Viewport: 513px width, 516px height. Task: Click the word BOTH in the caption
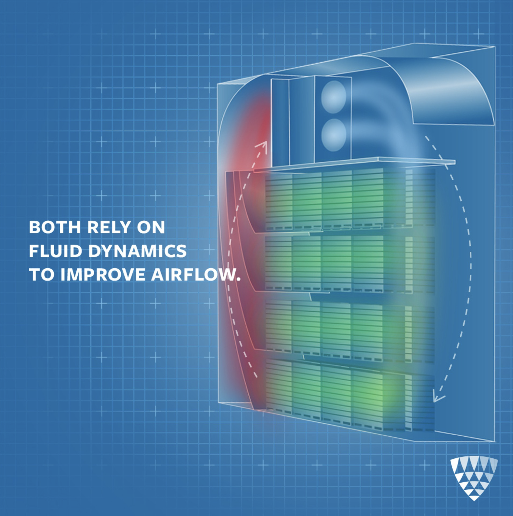click(54, 228)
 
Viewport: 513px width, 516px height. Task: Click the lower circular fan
click(334, 135)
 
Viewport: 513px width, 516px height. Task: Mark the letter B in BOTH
click(34, 228)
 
